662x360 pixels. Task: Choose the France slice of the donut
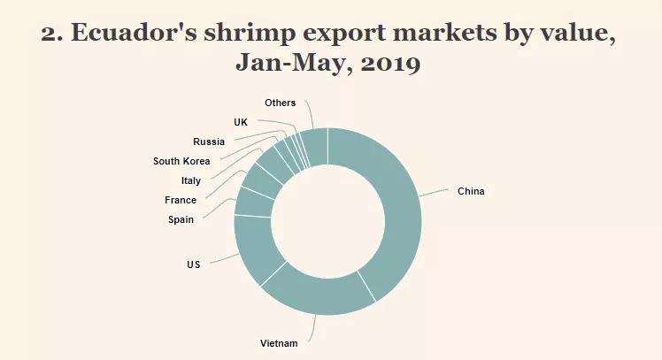[263, 180]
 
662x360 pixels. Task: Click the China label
[471, 191]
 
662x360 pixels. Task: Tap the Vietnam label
[279, 343]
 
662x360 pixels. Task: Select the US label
[193, 264]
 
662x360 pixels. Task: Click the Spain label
[181, 219]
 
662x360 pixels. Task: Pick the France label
[181, 200]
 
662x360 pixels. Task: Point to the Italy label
[190, 180]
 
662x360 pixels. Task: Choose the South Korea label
[181, 161]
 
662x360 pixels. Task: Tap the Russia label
[209, 142]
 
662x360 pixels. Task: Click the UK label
[241, 122]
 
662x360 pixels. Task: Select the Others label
[280, 103]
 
